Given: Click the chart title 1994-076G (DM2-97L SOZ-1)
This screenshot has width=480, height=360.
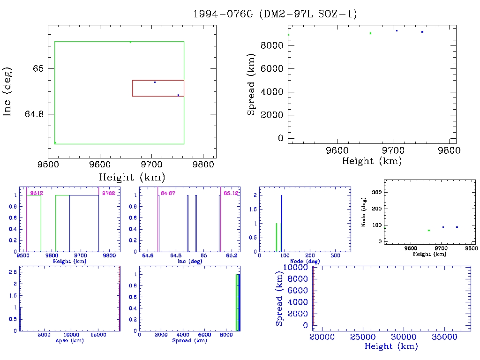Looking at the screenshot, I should (275, 14).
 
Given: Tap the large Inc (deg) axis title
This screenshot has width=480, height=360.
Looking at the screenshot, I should (8, 91).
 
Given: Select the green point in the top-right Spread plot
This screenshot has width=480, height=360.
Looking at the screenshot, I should (370, 33).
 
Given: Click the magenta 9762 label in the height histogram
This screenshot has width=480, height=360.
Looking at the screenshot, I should (109, 193).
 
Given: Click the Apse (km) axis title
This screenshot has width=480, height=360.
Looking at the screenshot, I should (69, 341).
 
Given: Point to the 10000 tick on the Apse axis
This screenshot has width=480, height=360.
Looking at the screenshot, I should (71, 336).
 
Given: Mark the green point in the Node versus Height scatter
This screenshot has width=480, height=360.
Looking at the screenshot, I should (428, 231).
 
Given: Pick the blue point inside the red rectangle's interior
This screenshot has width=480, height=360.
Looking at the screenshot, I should (155, 82).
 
